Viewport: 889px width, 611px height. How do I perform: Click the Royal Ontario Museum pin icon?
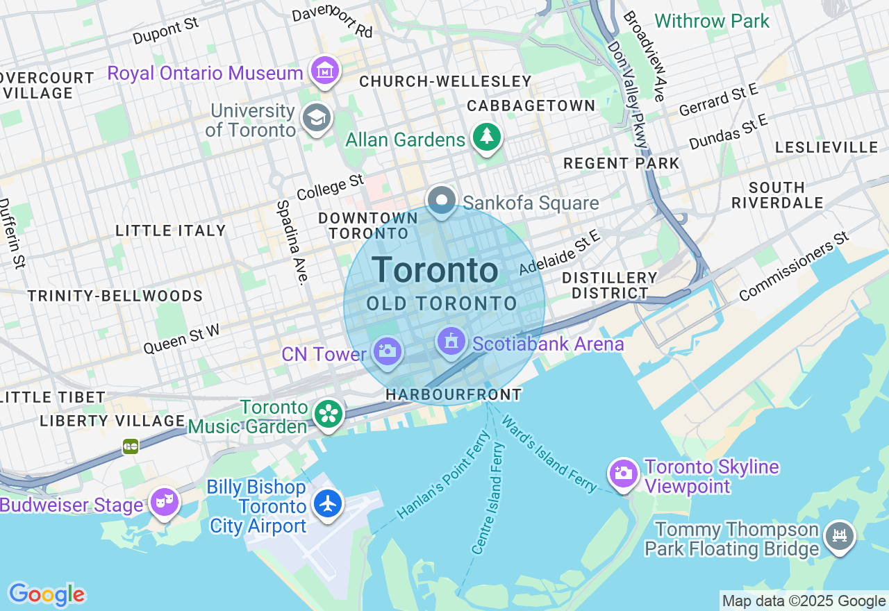pyautogui.click(x=325, y=71)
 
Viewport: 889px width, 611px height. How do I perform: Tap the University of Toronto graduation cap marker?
pyautogui.click(x=317, y=118)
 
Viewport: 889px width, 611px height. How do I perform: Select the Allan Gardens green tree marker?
pyautogui.click(x=486, y=137)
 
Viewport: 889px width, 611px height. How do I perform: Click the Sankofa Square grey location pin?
pyautogui.click(x=441, y=201)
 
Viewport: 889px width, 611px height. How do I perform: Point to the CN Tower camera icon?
pyautogui.click(x=387, y=351)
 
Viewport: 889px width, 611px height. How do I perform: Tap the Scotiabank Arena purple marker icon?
pyautogui.click(x=451, y=342)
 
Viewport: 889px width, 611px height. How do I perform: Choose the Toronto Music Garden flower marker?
pyautogui.click(x=328, y=414)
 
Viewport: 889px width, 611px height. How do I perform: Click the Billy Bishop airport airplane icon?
pyautogui.click(x=328, y=503)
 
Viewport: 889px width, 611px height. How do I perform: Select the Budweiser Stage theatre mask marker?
pyautogui.click(x=165, y=501)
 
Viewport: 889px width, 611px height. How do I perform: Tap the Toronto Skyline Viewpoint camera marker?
pyautogui.click(x=623, y=474)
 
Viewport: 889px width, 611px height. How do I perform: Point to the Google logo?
pyautogui.click(x=47, y=594)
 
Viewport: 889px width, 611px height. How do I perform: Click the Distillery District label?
pyautogui.click(x=609, y=285)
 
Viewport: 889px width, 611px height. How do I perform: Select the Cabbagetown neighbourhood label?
pyautogui.click(x=531, y=106)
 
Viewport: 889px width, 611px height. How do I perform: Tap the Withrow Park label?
pyautogui.click(x=712, y=21)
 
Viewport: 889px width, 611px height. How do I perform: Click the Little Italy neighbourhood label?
pyautogui.click(x=171, y=231)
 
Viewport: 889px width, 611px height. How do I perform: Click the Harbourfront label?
pyautogui.click(x=454, y=394)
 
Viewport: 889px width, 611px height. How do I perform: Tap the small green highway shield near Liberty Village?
pyautogui.click(x=131, y=446)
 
